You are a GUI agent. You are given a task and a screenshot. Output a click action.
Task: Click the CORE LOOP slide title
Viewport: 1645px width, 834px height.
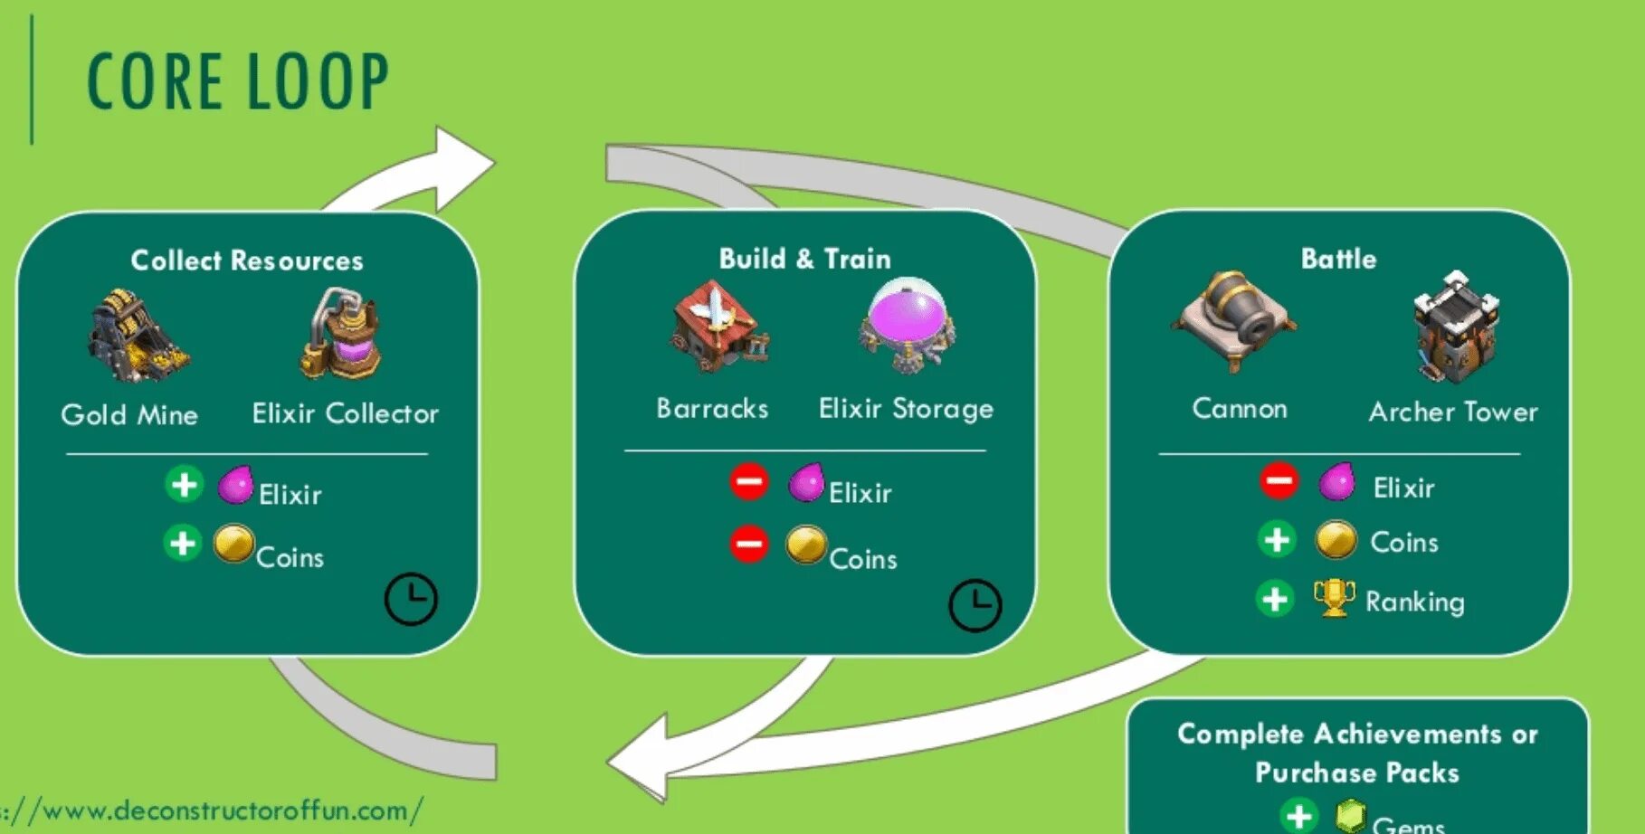coord(237,81)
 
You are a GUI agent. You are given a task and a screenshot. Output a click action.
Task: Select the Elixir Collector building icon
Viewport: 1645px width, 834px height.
coord(341,334)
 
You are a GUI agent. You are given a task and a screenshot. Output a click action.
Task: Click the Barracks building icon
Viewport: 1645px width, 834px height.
coord(718,327)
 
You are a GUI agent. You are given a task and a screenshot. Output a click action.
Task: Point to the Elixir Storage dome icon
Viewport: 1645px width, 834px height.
coord(907,325)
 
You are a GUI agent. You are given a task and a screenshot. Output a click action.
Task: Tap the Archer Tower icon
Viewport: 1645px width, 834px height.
coord(1454,327)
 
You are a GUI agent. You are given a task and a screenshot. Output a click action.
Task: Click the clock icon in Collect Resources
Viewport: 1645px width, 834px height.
coord(411,599)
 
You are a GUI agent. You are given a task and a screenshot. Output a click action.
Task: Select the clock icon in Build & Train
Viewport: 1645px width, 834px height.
coord(975,605)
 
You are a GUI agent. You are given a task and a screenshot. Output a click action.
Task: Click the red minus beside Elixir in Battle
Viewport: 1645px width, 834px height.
coord(1279,479)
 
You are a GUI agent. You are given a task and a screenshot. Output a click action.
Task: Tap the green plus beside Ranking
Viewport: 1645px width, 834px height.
coord(1275,599)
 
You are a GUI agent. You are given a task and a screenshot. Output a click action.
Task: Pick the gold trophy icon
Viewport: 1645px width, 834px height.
coord(1334,598)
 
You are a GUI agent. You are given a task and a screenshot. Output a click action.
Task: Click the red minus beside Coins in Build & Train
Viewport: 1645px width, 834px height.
coord(748,544)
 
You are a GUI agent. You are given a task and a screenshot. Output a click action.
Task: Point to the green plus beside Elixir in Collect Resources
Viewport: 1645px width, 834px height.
coord(184,485)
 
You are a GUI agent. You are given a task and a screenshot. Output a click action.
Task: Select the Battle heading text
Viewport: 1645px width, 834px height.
coord(1338,260)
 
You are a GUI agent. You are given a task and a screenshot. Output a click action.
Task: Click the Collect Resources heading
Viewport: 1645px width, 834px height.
coord(247,261)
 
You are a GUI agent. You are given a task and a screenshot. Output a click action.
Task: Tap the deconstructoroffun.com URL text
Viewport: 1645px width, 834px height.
coord(217,810)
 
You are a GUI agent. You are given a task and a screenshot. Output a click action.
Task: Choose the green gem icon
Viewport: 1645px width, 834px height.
coord(1350,816)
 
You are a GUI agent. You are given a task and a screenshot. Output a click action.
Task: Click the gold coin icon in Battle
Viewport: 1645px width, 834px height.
coord(1336,540)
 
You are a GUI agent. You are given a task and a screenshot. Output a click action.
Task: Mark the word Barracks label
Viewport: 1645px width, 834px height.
coord(712,409)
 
